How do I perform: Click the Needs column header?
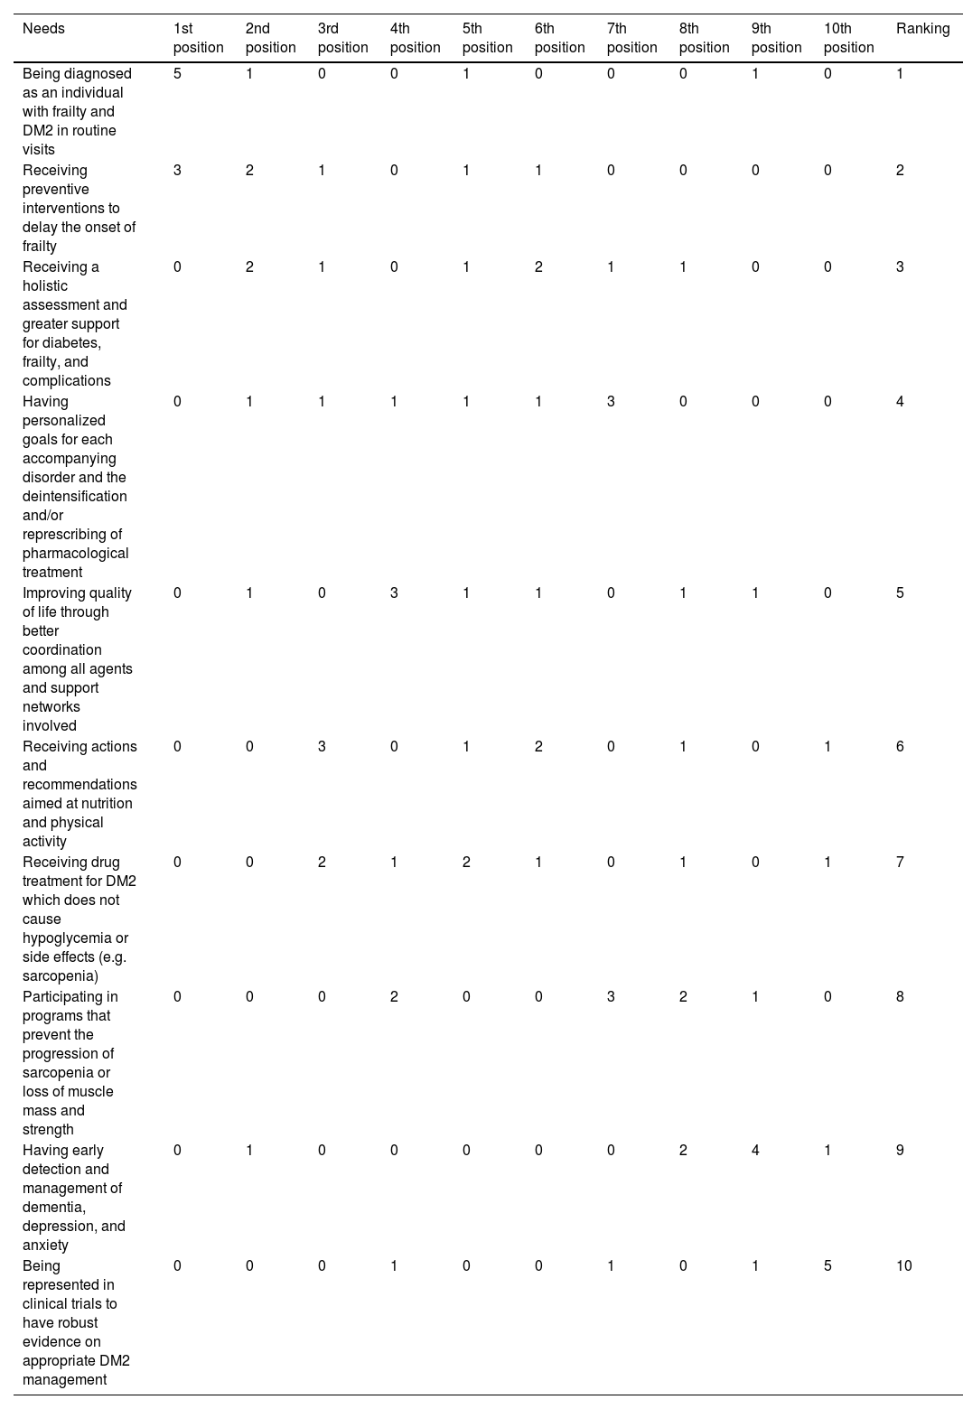pos(43,29)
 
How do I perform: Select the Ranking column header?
pos(922,29)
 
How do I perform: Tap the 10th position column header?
pos(848,38)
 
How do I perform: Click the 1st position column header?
pos(198,38)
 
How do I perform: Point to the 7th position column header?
pos(631,38)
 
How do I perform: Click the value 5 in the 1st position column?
pos(178,74)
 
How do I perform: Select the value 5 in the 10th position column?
pos(828,1266)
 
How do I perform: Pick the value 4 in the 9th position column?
pos(756,1151)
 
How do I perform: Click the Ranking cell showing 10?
pos(904,1266)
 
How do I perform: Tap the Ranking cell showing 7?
pos(900,863)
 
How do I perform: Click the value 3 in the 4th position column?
pos(395,593)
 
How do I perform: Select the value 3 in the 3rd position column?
pos(323,747)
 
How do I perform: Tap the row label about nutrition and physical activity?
pos(79,794)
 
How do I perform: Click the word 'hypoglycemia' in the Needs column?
pos(75,938)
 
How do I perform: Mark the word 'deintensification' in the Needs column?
pos(75,497)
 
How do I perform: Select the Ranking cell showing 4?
pos(900,402)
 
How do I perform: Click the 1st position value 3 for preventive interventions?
pos(178,171)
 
